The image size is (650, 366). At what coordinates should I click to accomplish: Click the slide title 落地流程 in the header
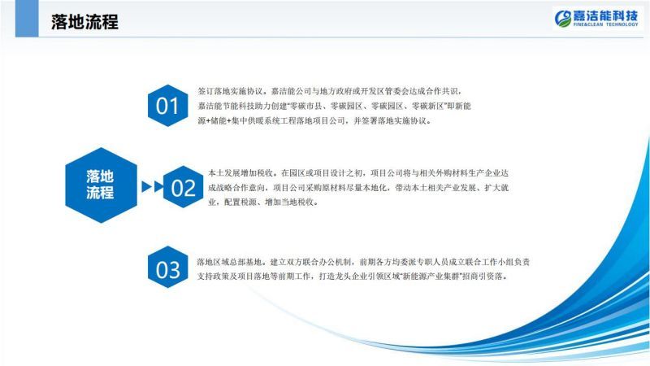84,22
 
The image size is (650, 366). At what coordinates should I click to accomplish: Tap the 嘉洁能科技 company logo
596,18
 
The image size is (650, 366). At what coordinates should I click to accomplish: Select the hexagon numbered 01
167,106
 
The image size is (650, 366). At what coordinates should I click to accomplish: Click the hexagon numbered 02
184,187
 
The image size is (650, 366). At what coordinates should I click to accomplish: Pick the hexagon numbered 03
167,267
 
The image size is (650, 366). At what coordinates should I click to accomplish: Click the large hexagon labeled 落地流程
101,185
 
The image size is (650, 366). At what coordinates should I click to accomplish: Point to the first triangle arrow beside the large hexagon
146,187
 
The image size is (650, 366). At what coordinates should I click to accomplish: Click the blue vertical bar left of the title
27,18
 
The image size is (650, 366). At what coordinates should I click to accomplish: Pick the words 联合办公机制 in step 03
318,262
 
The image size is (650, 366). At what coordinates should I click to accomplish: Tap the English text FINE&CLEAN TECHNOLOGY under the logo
605,24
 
